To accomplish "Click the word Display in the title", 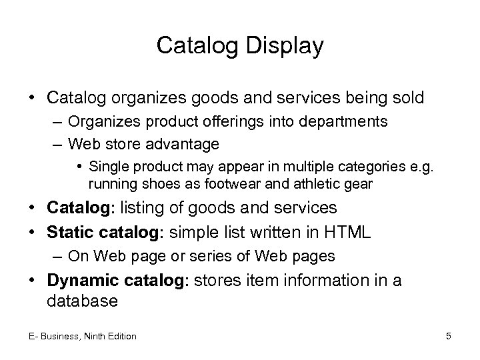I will click(x=283, y=46).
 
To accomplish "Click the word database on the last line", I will click(x=82, y=301).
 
